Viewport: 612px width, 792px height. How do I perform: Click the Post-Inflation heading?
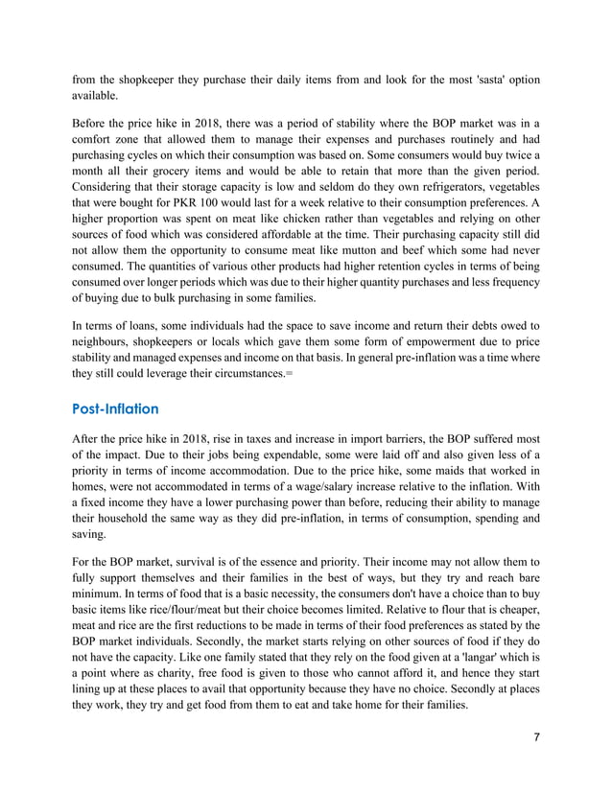click(115, 409)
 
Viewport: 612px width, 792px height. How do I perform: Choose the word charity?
click(192, 681)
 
